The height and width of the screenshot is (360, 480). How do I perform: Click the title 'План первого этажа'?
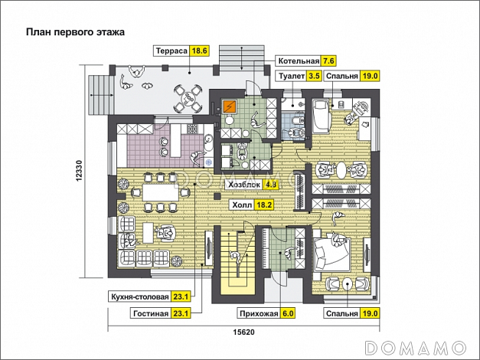(75, 32)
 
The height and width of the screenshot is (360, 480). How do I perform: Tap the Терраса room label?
(171, 51)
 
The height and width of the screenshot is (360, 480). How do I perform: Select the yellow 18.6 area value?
(200, 51)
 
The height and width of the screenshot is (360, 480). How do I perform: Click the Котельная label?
(299, 61)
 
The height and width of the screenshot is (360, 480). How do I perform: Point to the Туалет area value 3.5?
(315, 76)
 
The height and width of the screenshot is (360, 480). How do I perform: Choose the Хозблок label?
(244, 185)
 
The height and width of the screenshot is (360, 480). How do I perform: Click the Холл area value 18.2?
(264, 205)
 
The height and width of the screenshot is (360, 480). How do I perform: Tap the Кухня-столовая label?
(140, 297)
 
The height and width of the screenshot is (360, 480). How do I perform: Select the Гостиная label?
(151, 314)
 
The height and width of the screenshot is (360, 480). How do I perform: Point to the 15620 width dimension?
(243, 332)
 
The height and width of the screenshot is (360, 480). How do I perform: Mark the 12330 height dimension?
(79, 172)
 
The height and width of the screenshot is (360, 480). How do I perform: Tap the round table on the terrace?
(188, 98)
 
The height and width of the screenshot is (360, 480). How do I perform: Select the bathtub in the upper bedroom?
(321, 116)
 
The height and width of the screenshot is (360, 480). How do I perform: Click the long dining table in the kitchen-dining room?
(160, 192)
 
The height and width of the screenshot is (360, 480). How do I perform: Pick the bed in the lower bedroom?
(331, 251)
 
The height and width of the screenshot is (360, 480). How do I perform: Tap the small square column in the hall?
(217, 196)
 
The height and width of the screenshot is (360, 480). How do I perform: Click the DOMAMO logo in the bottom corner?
(416, 348)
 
